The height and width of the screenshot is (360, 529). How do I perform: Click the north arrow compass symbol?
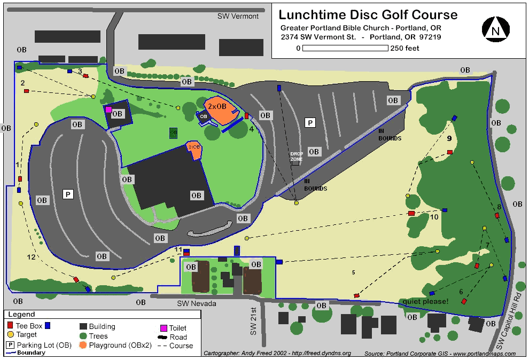[x=495, y=30]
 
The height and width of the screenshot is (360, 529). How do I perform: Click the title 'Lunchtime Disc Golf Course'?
[x=368, y=14]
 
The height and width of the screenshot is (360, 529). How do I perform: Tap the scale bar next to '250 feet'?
[x=345, y=48]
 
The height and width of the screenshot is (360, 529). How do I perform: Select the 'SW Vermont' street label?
[x=238, y=16]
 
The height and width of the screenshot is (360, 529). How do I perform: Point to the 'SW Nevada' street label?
[x=197, y=303]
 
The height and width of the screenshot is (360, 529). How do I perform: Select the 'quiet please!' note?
[x=426, y=301]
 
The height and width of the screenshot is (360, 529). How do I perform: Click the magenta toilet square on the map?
[x=108, y=109]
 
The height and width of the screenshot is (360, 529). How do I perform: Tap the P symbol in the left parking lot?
[x=68, y=194]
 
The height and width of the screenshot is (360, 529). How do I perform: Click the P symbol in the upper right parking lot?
[x=309, y=123]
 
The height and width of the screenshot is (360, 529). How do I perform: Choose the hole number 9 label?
[x=449, y=138]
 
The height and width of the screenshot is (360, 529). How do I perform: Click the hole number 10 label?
[x=434, y=217]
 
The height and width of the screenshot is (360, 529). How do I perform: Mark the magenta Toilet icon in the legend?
[x=164, y=328]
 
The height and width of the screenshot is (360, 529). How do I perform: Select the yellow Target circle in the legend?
[x=11, y=335]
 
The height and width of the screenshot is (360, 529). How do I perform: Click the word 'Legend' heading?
[x=21, y=315]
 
